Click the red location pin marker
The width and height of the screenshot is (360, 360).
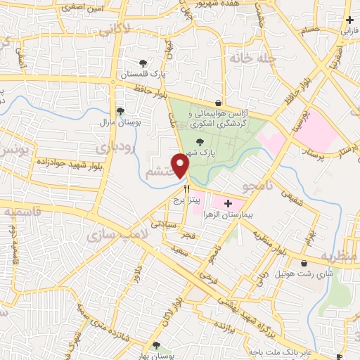(181, 165)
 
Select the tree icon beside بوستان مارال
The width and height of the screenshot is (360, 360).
(120, 110)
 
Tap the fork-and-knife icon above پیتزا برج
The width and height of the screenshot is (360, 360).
(187, 188)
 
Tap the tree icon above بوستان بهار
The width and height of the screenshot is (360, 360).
(156, 345)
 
